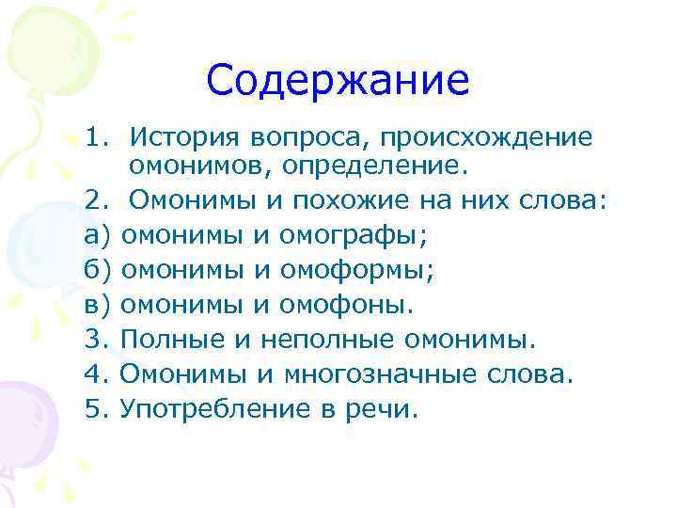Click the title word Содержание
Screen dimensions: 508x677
(338, 80)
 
